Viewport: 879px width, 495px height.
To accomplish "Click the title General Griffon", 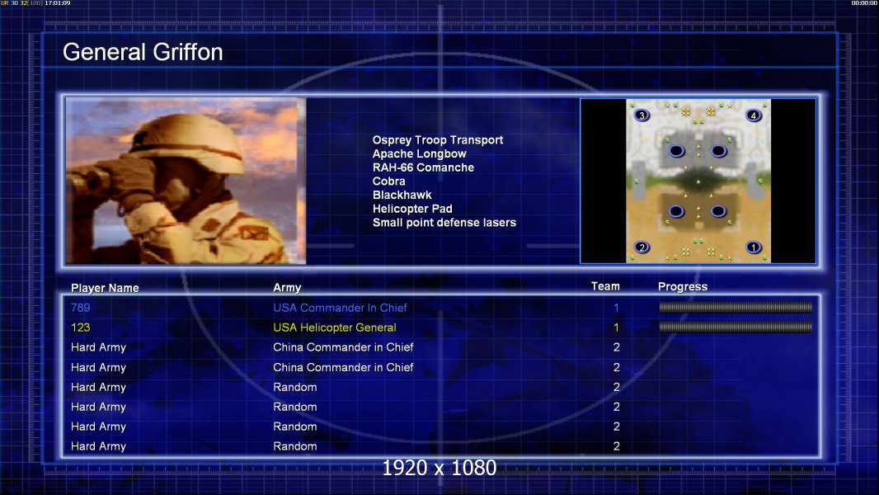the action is (x=143, y=52).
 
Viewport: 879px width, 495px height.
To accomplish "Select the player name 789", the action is (x=80, y=308).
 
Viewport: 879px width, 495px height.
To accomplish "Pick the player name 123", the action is (x=80, y=328).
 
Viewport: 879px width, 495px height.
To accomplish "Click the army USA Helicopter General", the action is (x=335, y=328).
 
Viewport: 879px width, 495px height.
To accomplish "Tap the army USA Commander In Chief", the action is (x=340, y=308).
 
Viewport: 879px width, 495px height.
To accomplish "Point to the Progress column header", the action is (x=682, y=286).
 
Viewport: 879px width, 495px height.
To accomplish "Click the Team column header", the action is (x=605, y=286).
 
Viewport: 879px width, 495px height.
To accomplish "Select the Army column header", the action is (x=287, y=288).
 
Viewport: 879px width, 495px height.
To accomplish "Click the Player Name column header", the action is (x=105, y=288).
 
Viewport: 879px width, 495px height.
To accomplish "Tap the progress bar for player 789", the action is (x=736, y=307).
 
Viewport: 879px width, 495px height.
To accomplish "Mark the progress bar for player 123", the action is (x=736, y=327).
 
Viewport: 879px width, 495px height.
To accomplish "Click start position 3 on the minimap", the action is (x=642, y=115).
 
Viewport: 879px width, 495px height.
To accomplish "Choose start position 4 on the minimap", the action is (x=754, y=115).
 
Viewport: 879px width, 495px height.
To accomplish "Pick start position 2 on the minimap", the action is (x=642, y=247).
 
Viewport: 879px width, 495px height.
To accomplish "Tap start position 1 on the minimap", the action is (x=754, y=247).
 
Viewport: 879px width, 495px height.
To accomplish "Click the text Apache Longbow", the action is (x=420, y=153).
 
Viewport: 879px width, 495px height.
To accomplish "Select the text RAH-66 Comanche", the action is (x=423, y=167).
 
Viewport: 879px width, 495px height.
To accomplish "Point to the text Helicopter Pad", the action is (x=412, y=209).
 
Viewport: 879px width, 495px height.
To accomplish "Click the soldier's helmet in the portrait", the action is (x=185, y=134).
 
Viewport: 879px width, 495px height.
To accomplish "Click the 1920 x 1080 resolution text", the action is (x=439, y=468).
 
